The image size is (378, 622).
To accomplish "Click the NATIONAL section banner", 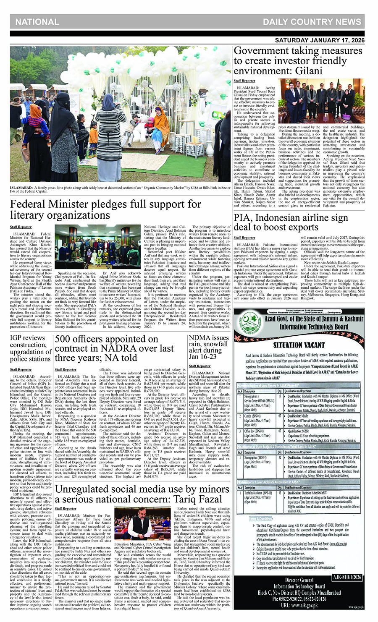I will [x=37, y=22].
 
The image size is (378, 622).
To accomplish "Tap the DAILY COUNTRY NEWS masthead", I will [x=312, y=22].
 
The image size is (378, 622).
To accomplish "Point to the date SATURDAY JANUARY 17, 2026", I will [x=320, y=41].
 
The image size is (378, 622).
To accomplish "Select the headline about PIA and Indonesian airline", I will [x=291, y=223].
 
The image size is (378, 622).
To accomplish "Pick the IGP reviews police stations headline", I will [x=30, y=348].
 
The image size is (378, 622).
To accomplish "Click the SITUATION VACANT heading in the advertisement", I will [x=299, y=345].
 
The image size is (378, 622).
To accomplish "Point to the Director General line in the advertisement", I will [x=299, y=580].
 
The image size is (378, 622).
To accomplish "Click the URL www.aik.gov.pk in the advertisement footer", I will [x=299, y=605].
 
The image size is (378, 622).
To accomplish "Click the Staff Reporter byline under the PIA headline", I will [x=244, y=238].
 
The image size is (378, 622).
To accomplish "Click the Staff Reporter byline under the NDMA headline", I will [x=199, y=366].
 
